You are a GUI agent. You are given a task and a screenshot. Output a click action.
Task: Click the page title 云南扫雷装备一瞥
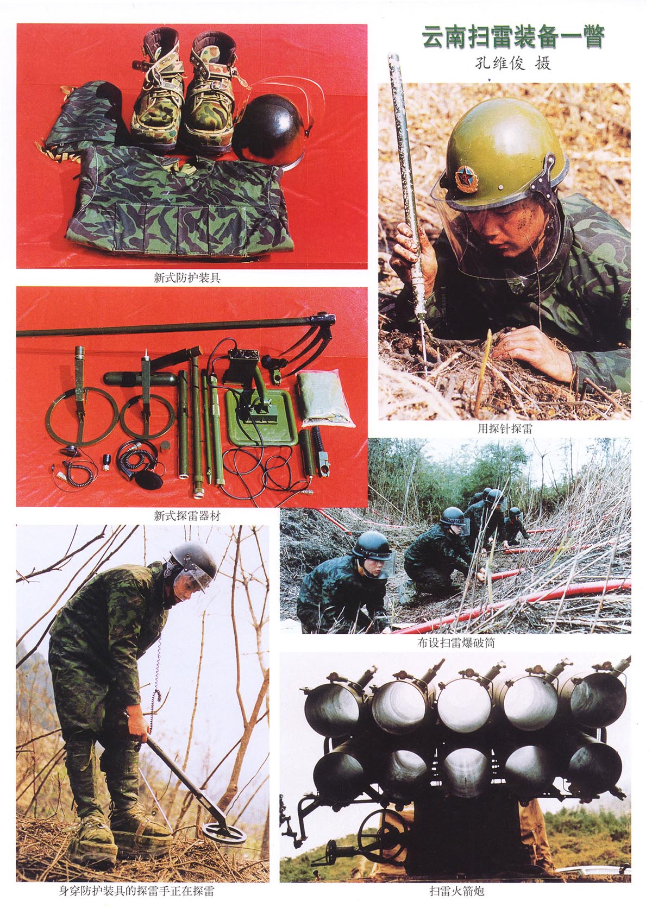point(513,37)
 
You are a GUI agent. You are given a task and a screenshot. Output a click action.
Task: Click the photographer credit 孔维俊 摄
point(513,64)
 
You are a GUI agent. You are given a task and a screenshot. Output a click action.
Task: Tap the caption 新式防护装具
point(186,278)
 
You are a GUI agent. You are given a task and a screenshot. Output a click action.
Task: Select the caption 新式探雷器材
point(186,516)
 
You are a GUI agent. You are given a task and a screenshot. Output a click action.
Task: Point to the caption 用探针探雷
point(505,429)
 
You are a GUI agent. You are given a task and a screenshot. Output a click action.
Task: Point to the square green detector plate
point(260,418)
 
